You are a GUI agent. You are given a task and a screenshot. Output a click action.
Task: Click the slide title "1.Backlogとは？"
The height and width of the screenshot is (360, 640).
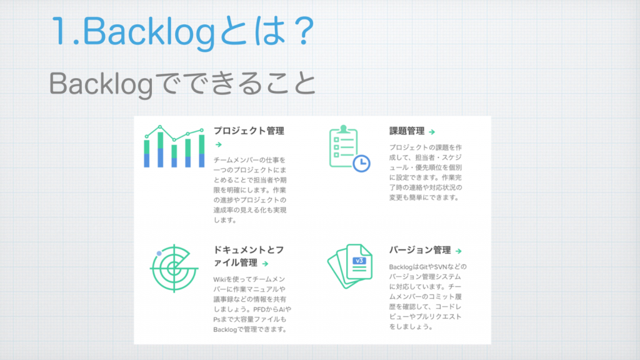point(182,31)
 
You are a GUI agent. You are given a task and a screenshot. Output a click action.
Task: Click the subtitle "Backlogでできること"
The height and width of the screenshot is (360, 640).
point(182,84)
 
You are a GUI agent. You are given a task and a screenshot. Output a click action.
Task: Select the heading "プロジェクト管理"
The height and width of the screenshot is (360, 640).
point(249,131)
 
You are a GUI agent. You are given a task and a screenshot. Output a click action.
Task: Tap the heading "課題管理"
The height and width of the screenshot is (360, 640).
point(407,131)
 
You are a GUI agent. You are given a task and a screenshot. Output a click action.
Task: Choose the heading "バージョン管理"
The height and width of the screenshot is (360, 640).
point(420,250)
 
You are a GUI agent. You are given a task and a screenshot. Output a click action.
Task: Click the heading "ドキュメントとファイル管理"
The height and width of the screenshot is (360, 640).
point(249,256)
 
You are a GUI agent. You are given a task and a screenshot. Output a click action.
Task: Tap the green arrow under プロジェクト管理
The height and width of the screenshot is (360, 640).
point(219,144)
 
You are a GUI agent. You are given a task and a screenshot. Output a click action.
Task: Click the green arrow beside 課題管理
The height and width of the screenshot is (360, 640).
point(432,132)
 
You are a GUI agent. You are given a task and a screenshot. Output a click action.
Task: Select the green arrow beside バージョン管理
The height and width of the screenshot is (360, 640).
point(458,251)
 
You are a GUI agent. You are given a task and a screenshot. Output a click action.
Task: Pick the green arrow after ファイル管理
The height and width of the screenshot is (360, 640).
point(265,264)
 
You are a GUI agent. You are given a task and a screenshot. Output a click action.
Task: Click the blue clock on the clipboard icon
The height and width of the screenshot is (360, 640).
point(361,163)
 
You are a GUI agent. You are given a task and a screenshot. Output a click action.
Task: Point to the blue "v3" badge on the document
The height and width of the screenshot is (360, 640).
point(359,261)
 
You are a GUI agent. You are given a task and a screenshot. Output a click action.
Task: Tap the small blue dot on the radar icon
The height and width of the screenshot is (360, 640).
point(159,254)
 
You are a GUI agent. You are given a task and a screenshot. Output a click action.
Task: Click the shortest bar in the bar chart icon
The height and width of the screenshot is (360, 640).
point(174,156)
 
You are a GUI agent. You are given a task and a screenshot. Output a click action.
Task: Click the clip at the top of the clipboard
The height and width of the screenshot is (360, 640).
point(344,129)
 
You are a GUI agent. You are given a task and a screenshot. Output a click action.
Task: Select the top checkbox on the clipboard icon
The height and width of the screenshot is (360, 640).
point(336,139)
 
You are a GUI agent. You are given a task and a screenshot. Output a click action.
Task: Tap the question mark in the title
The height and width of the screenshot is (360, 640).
point(304,31)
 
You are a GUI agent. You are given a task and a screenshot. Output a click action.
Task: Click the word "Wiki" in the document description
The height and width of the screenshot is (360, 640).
point(219,279)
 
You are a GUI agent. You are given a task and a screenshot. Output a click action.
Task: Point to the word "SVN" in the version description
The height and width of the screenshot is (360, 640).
point(441,267)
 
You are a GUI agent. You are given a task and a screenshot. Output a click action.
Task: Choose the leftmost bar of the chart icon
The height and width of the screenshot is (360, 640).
point(146,154)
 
